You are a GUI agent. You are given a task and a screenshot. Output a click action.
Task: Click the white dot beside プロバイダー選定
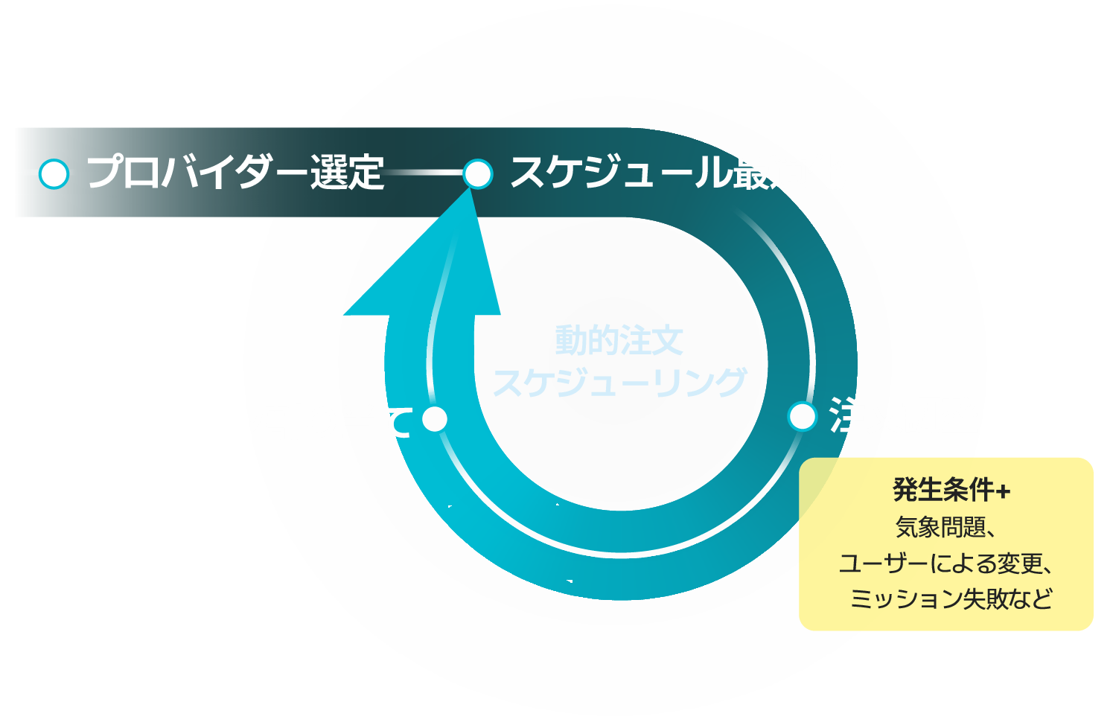54,174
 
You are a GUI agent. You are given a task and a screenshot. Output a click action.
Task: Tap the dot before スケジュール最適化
477,174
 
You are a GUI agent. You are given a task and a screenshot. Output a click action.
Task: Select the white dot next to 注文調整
802,416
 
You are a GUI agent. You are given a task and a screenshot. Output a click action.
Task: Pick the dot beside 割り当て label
435,419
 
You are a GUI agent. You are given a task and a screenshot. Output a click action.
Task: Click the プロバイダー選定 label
235,173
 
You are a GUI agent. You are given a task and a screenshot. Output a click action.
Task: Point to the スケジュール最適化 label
677,173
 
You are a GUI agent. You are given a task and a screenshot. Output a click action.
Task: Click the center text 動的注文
619,341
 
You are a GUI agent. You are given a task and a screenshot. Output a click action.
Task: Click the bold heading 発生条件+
951,490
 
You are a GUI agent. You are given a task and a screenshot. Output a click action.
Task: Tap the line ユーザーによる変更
945,563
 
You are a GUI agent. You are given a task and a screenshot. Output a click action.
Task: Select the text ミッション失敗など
951,598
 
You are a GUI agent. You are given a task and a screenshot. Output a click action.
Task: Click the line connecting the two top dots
424,173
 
